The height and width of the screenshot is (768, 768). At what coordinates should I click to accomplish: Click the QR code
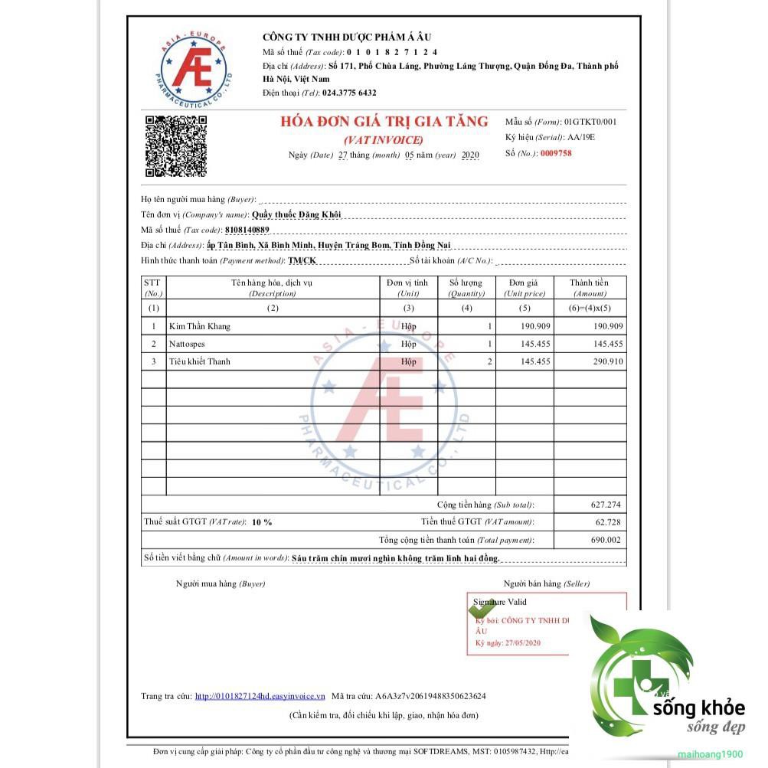175,145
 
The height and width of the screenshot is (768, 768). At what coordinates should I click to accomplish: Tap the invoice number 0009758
556,153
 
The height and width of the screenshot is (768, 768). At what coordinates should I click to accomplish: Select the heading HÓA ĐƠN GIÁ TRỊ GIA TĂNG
384,121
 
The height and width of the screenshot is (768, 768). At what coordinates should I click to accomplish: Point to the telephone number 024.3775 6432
349,93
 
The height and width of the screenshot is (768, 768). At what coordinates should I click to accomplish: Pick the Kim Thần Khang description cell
200,326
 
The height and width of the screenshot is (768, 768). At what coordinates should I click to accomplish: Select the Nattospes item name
188,344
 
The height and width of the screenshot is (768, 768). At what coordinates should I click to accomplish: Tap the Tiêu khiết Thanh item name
200,361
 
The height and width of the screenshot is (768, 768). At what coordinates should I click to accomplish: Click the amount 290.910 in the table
607,361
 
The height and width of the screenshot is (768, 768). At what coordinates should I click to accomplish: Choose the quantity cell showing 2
489,361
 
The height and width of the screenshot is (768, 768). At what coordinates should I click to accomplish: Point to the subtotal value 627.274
606,505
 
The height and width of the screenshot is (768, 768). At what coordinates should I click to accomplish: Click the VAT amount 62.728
608,522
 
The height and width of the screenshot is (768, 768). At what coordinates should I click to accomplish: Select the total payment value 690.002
606,540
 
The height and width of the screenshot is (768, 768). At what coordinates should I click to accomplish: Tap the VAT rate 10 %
262,522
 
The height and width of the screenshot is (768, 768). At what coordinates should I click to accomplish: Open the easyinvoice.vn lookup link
260,696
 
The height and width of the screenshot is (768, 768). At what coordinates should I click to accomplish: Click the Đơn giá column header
525,287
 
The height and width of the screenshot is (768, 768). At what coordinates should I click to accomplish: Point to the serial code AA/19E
580,137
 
